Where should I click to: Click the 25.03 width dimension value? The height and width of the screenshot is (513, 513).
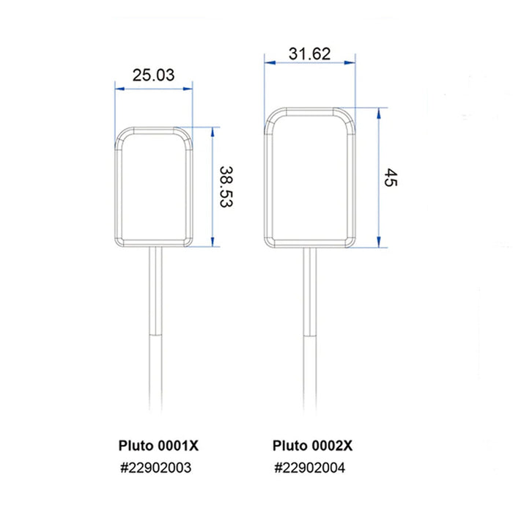point(154,74)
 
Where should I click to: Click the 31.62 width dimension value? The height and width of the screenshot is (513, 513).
point(309,53)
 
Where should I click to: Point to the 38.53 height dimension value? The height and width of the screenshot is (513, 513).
point(225,187)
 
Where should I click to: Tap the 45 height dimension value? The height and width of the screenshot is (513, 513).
point(390,178)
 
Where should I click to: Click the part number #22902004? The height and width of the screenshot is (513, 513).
point(310,468)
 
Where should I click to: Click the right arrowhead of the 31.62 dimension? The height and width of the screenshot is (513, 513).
point(351,64)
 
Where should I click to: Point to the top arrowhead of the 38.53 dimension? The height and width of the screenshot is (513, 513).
point(213,130)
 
